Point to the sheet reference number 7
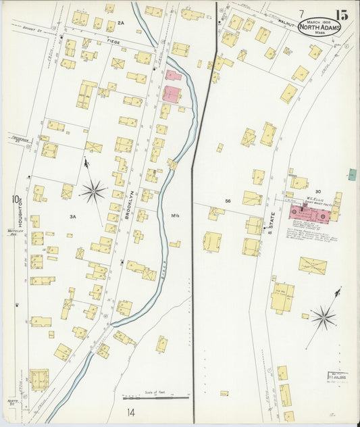(301, 14)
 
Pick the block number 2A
(121, 23)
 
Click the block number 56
(228, 201)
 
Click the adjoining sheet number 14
(130, 411)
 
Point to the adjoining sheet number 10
(13, 199)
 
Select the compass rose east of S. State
(323, 315)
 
